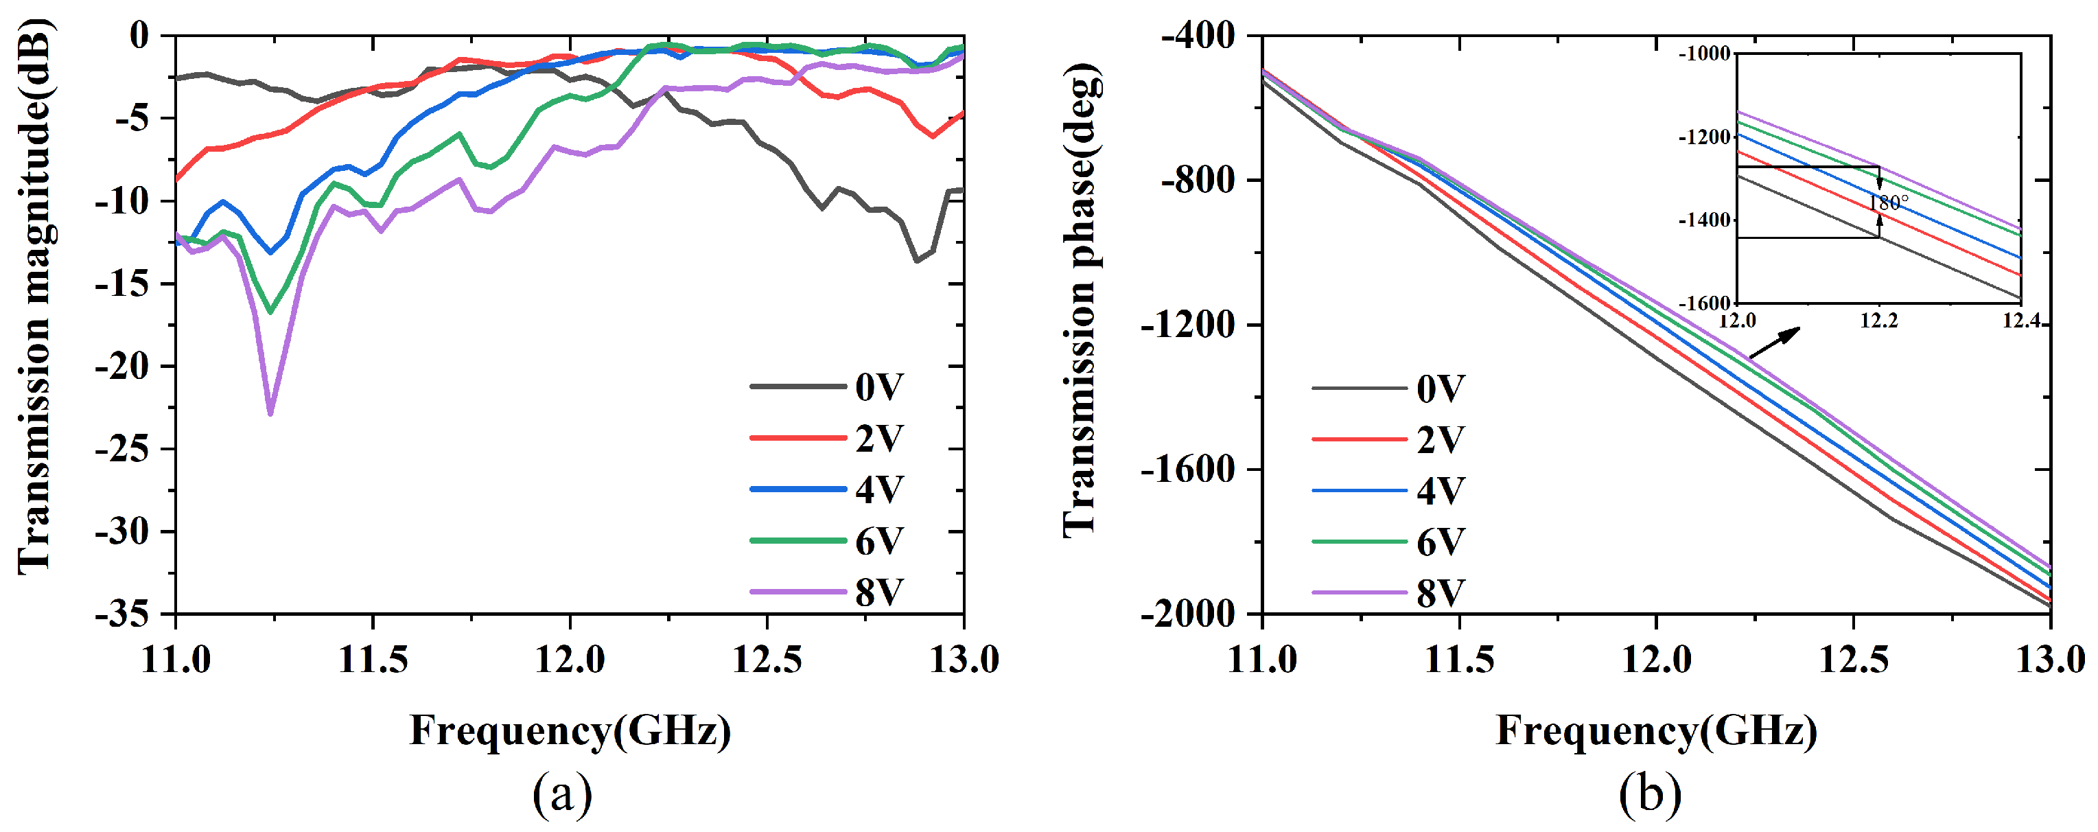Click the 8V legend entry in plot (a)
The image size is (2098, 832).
tap(878, 592)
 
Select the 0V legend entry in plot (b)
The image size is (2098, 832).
tap(1440, 389)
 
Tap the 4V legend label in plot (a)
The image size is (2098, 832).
tap(878, 489)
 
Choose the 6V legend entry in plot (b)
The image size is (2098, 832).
tap(1440, 542)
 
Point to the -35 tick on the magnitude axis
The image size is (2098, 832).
tap(122, 614)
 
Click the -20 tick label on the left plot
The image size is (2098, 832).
tap(122, 367)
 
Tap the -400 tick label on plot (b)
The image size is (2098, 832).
tap(1197, 36)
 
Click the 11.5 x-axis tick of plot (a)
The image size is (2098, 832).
tap(373, 658)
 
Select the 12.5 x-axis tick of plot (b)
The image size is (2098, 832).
tap(1853, 658)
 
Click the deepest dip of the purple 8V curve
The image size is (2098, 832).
tap(270, 413)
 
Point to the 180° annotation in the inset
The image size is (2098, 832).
tap(1888, 202)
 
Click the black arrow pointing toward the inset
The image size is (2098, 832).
tap(1775, 343)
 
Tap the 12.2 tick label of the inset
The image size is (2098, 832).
tap(1879, 321)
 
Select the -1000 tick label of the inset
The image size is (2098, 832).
tap(1704, 54)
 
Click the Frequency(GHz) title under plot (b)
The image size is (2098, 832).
tap(1657, 730)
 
